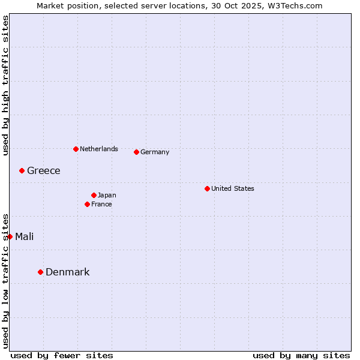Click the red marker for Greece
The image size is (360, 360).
[x=22, y=170]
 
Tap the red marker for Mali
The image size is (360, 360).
[x=10, y=236]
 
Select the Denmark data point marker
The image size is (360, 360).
[x=41, y=272]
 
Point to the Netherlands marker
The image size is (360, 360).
[x=76, y=149]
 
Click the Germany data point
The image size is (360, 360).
[x=137, y=152]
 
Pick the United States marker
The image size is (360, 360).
[x=208, y=188]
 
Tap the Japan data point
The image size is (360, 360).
[x=94, y=195]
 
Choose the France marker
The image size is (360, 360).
[x=88, y=204]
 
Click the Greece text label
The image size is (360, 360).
[x=44, y=171]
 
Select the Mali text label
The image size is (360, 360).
[x=25, y=237]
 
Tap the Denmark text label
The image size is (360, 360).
[x=68, y=272]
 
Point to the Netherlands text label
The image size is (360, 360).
[x=99, y=149]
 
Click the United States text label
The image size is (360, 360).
[x=233, y=188]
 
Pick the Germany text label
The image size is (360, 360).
[x=155, y=152]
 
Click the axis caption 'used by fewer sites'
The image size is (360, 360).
[x=62, y=355]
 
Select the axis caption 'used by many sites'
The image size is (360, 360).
[x=301, y=355]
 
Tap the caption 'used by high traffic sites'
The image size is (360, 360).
[x=5, y=85]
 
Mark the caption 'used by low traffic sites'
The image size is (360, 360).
[x=5, y=281]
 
